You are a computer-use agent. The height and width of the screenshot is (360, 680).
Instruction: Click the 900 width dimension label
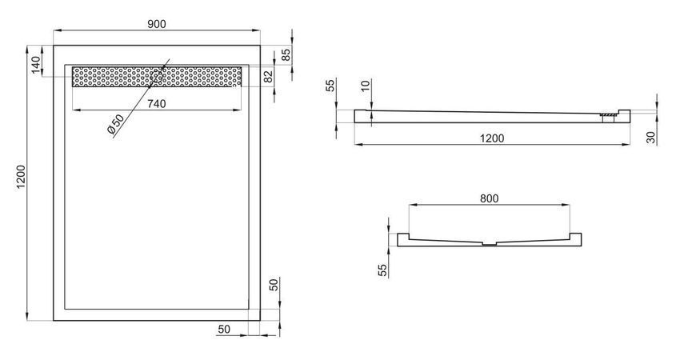157,24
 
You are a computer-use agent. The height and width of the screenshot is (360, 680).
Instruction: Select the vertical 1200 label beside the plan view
22,177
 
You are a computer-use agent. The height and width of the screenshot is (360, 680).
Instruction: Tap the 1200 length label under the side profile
492,138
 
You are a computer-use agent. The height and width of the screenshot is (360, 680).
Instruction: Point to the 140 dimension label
36,65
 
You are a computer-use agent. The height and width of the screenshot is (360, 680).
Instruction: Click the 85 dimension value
286,55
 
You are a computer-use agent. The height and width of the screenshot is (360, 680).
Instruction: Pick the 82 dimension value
269,77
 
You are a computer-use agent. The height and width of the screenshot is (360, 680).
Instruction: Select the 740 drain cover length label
157,104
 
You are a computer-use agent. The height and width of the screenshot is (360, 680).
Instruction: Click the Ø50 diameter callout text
115,124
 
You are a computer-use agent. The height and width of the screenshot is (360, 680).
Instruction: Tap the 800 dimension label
489,198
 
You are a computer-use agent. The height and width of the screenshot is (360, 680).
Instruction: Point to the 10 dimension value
366,86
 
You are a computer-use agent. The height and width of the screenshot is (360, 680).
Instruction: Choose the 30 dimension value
651,138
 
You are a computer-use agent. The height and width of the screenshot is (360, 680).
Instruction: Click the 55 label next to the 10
331,86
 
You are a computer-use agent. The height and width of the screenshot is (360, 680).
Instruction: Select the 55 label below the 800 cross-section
382,270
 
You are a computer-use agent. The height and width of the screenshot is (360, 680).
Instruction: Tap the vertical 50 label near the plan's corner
274,285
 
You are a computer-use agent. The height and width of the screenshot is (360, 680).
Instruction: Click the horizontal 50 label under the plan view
224,330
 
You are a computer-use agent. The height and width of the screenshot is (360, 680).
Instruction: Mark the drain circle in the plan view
157,77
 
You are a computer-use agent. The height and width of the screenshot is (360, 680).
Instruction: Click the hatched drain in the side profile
608,115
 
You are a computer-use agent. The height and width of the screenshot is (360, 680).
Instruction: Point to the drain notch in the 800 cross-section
490,244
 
